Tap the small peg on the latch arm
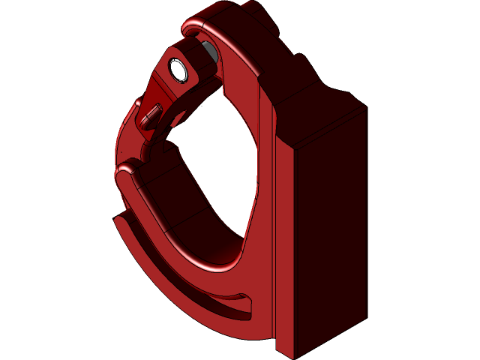click(x=153, y=114)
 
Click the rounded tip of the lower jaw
click(x=126, y=170)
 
